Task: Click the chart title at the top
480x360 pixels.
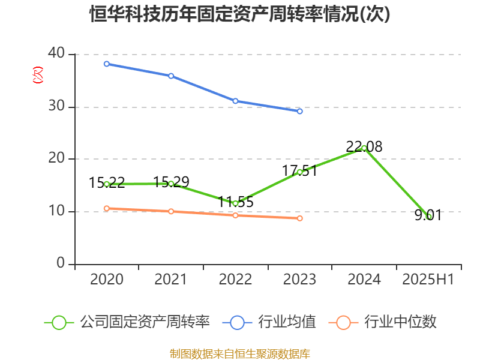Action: pyautogui.click(x=240, y=14)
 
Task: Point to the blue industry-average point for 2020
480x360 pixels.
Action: pyautogui.click(x=107, y=64)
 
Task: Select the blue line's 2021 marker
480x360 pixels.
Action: pyautogui.click(x=171, y=76)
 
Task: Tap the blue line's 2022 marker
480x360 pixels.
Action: pyautogui.click(x=235, y=101)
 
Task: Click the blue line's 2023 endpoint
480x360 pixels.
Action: pyautogui.click(x=300, y=111)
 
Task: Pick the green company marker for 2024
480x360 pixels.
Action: pyautogui.click(x=364, y=148)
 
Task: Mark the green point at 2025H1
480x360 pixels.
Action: pyautogui.click(x=428, y=217)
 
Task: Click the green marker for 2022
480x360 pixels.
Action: pyautogui.click(x=235, y=203)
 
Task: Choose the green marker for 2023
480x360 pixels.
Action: pyautogui.click(x=300, y=172)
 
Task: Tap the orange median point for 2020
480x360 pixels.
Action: pyautogui.click(x=107, y=208)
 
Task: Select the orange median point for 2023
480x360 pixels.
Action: pyautogui.click(x=300, y=218)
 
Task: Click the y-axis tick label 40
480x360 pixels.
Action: pyautogui.click(x=56, y=54)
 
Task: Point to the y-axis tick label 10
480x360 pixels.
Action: pyautogui.click(x=56, y=212)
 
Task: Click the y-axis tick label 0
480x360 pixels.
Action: pyautogui.click(x=61, y=264)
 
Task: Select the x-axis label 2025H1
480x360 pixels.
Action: pyautogui.click(x=428, y=280)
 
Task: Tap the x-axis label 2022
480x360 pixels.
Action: pyautogui.click(x=235, y=280)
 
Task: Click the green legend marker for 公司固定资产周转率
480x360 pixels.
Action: pyautogui.click(x=59, y=322)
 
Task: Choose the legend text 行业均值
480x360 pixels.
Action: pyautogui.click(x=287, y=322)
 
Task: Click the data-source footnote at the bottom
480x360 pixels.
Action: pyautogui.click(x=240, y=354)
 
